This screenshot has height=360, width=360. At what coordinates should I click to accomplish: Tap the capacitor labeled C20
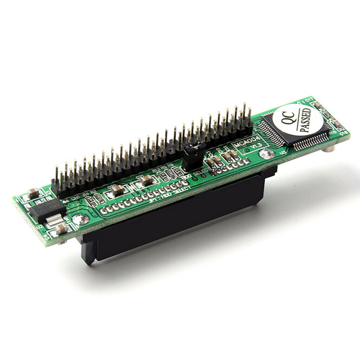pos(118,189)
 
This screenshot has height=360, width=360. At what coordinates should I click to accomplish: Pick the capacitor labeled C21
pos(146,180)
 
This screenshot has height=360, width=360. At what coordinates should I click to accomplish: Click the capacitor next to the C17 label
pos(316,105)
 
